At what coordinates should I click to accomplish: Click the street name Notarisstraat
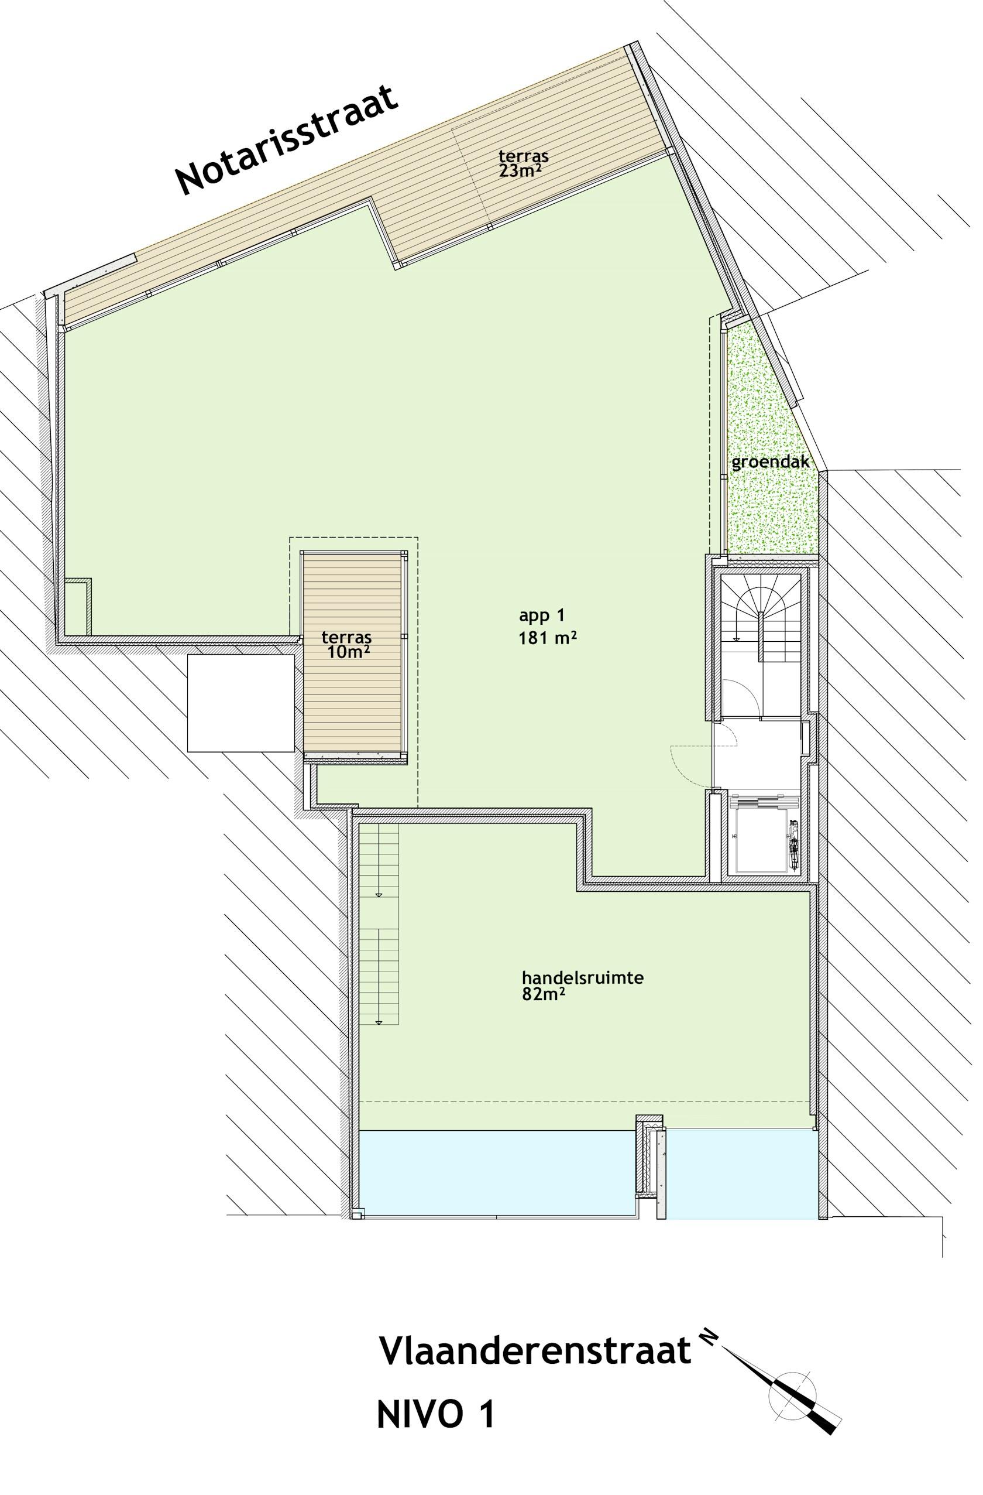coord(287,139)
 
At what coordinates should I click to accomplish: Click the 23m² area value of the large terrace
coord(520,170)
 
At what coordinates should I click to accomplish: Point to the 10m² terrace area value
coord(348,652)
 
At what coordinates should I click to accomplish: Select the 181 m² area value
coord(547,638)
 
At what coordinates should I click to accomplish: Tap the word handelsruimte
coord(583,978)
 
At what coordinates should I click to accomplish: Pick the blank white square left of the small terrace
coord(241,702)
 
